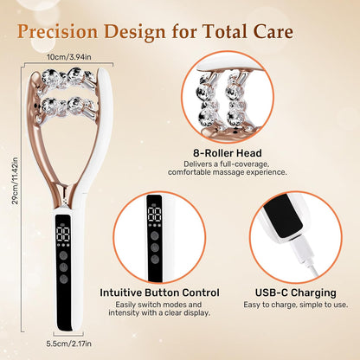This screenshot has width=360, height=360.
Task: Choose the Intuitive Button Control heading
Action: (x=159, y=292)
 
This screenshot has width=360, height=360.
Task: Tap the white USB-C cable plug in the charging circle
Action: (x=289, y=251)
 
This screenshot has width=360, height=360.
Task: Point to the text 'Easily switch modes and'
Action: (x=159, y=305)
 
